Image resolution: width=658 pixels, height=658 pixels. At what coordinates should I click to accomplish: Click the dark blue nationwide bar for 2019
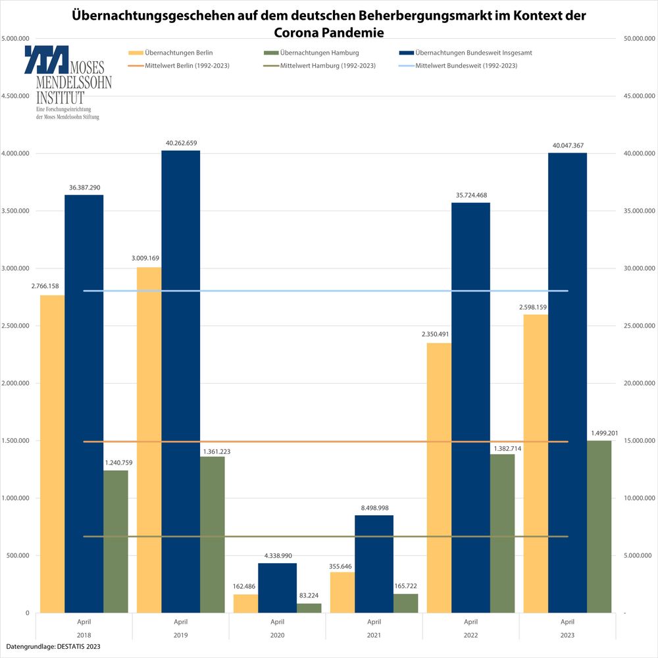[x=181, y=382]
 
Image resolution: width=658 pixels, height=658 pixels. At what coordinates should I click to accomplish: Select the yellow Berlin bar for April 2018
[x=53, y=454]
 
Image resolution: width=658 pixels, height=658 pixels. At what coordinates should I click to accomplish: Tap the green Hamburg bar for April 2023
[x=599, y=526]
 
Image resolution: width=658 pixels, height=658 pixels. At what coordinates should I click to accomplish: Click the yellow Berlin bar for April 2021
[x=342, y=592]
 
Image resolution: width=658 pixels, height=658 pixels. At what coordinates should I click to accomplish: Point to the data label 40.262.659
[x=181, y=143]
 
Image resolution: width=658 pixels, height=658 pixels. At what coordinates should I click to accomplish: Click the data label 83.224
[x=309, y=595]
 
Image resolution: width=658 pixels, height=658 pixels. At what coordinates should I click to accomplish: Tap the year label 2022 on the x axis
[x=470, y=635]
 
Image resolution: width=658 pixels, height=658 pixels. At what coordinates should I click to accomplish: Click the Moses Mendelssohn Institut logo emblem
[x=46, y=59]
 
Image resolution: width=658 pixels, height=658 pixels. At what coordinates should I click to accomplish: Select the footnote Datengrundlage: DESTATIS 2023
[x=54, y=647]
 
